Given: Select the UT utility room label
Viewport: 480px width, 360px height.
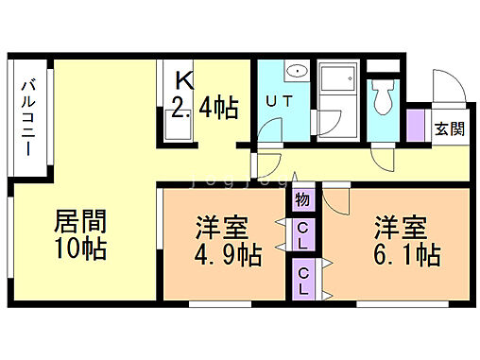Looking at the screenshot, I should click(x=277, y=100).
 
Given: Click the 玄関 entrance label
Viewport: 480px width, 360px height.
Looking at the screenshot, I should click(x=449, y=129).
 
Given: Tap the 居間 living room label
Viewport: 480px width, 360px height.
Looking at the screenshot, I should click(x=78, y=223).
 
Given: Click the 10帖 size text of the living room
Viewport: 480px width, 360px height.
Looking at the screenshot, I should click(x=78, y=249).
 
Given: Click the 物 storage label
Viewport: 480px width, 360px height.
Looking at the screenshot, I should click(x=301, y=199).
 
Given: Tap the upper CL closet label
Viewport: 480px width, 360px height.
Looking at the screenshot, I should click(x=302, y=233).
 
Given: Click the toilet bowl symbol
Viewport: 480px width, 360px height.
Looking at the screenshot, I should click(x=384, y=95).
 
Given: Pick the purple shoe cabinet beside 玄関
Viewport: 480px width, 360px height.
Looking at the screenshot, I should click(x=415, y=124).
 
